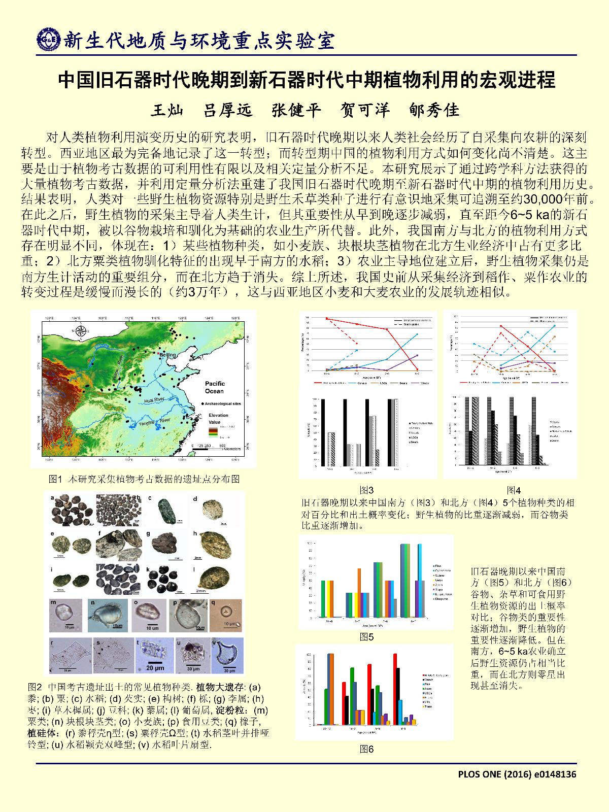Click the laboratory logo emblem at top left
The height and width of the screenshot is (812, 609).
pos(48,40)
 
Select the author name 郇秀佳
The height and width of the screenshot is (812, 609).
pos(433,110)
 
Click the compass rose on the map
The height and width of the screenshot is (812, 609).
pos(83,330)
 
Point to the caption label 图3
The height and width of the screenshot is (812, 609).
pos(366,490)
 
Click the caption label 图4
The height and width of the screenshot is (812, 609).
pos(514,490)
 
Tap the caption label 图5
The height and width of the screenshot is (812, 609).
pos(366,636)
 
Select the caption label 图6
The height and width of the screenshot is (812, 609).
pos(366,748)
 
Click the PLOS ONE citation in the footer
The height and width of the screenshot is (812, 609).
pos(517,774)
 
